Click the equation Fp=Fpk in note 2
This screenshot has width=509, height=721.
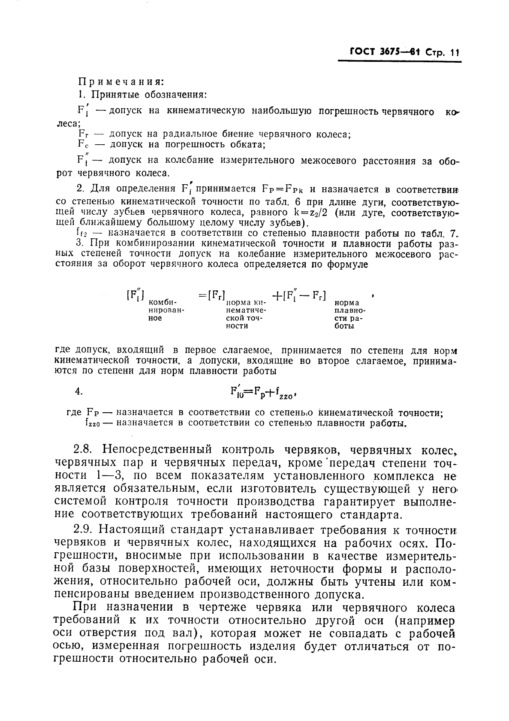pos(283,189)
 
